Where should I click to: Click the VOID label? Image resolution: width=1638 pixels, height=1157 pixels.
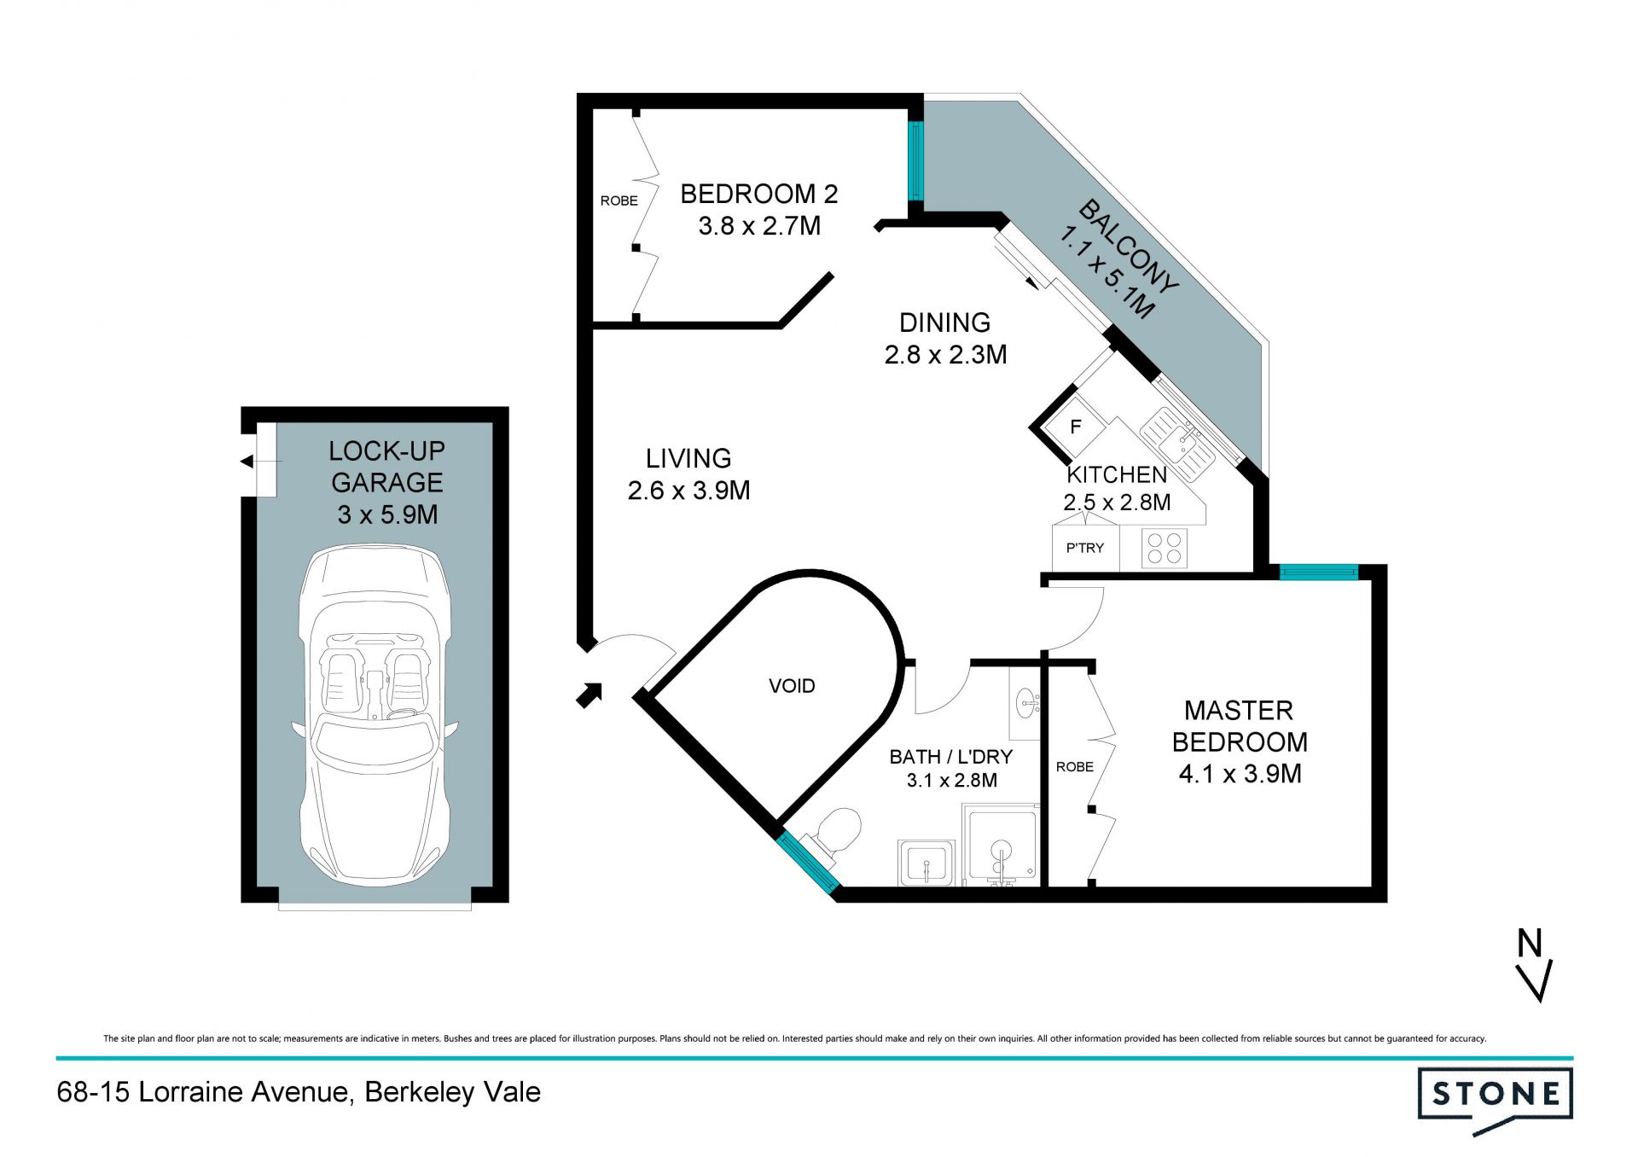(792, 686)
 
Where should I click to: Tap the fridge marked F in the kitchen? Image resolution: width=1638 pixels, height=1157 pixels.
(1076, 426)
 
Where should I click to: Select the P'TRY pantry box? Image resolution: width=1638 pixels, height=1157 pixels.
(1085, 548)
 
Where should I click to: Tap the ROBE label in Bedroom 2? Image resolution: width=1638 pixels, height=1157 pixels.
(619, 201)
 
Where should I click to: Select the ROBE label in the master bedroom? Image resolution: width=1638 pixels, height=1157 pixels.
(1074, 767)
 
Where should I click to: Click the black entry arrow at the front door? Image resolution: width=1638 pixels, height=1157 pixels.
(590, 695)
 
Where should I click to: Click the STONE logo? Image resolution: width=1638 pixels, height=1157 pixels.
(1496, 1099)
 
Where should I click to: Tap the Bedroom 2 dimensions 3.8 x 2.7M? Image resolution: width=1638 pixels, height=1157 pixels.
(759, 226)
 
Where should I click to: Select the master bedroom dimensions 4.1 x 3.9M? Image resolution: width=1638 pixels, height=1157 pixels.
(1240, 774)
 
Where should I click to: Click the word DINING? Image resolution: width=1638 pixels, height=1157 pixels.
(945, 323)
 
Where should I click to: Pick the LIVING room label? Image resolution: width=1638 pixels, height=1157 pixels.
(688, 459)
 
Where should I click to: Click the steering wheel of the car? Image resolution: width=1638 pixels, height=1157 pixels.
(402, 714)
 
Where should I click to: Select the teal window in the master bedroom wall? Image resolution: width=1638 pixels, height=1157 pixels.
(1319, 573)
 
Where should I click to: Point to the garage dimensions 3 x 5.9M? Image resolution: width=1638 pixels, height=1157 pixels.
(387, 515)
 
